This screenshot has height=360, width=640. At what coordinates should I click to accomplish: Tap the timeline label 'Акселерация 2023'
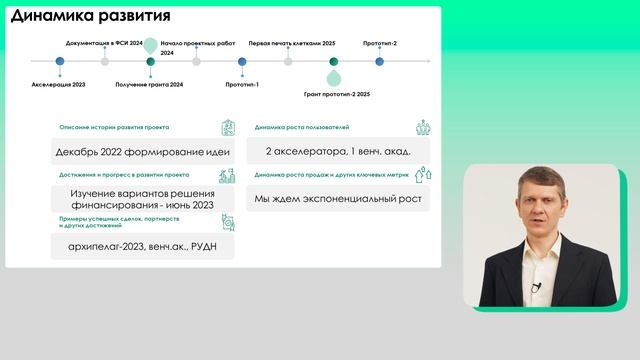tap(58, 85)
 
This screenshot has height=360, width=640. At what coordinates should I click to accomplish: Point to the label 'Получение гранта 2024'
tap(150, 85)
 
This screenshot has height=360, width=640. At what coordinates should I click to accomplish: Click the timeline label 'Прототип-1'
tap(242, 85)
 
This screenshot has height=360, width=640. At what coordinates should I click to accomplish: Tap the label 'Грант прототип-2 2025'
tap(337, 94)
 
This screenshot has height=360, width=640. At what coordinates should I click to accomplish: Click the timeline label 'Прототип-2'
tap(380, 44)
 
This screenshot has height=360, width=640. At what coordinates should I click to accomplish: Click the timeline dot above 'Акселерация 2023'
tap(59, 61)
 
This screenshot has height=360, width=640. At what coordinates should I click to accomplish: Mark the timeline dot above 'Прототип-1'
tap(242, 61)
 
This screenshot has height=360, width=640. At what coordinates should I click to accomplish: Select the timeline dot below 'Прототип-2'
tap(380, 61)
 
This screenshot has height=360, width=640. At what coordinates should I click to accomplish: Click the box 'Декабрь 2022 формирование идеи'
tap(143, 152)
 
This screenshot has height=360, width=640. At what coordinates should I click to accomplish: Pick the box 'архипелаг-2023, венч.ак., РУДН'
tap(143, 246)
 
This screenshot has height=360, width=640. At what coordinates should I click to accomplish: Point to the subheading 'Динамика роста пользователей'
tap(302, 128)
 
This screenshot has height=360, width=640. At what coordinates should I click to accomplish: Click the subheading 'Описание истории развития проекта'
tap(114, 128)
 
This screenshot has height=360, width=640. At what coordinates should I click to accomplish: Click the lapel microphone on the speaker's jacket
tap(536, 287)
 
